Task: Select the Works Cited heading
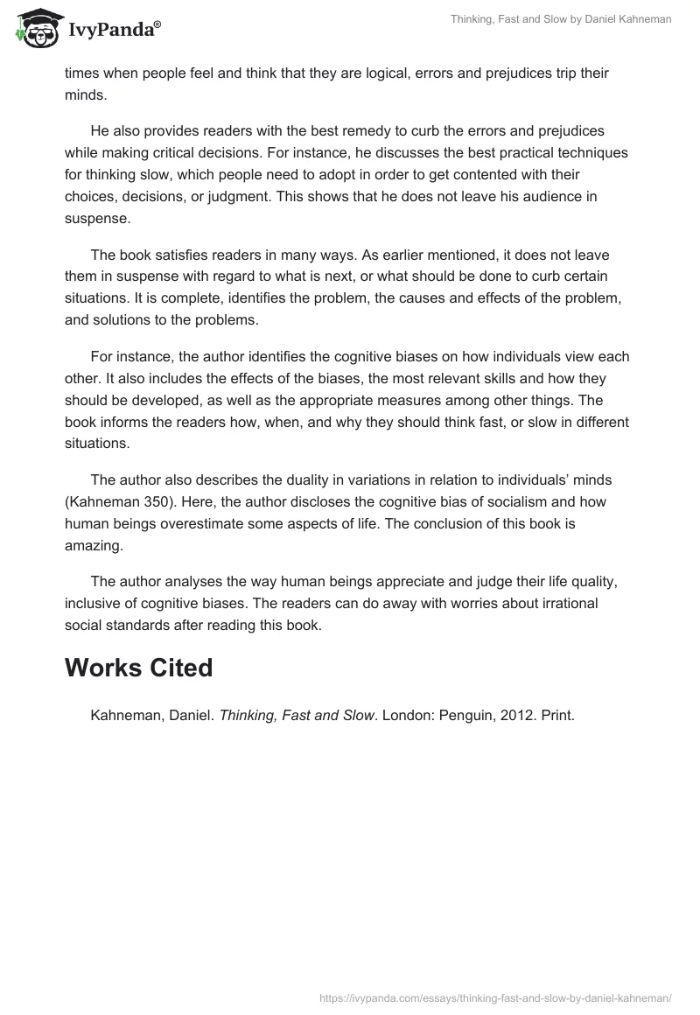coord(139,668)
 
